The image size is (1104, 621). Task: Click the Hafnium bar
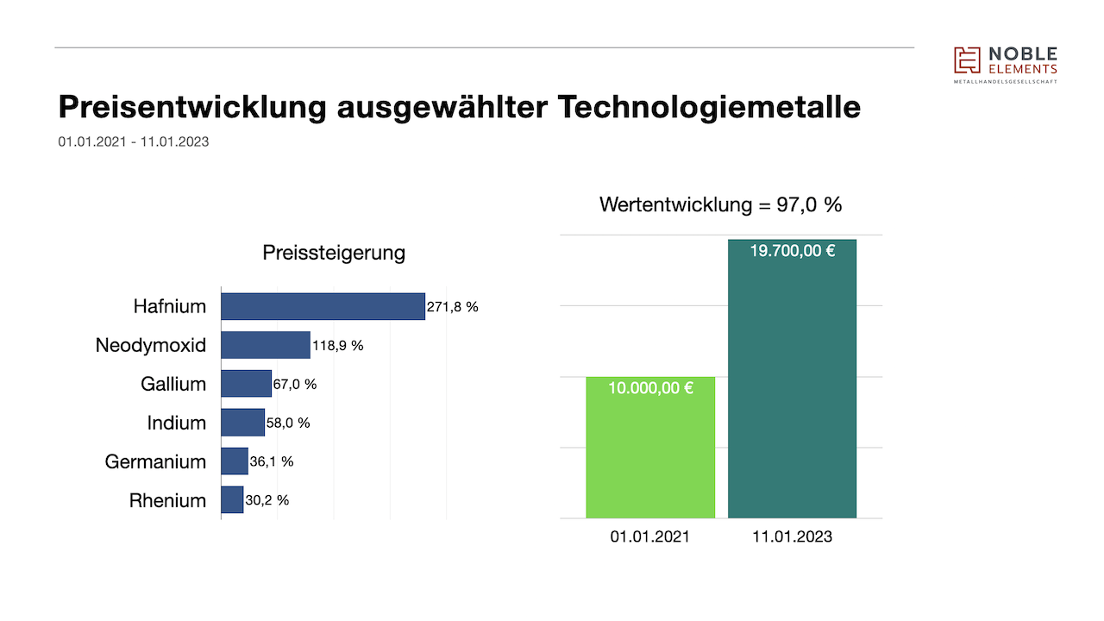(x=323, y=306)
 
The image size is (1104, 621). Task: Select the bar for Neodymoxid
(x=266, y=345)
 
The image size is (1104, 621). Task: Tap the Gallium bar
(x=246, y=384)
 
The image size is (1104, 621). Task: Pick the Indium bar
(x=242, y=423)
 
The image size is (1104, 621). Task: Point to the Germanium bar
(x=235, y=461)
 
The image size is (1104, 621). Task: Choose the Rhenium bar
(x=232, y=500)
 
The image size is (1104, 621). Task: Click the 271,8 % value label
(x=453, y=307)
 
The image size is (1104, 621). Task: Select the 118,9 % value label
(x=338, y=346)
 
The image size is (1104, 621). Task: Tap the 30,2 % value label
(x=267, y=500)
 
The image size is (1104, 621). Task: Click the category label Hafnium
(x=170, y=306)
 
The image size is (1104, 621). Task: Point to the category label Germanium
(x=155, y=461)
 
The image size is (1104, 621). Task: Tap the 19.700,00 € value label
(x=792, y=252)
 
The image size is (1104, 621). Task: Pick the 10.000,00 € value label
(x=650, y=388)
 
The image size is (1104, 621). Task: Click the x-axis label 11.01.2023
(x=792, y=536)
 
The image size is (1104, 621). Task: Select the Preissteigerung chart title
(x=334, y=254)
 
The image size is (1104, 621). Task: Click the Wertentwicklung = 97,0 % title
(x=720, y=205)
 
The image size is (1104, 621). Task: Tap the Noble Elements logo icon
(x=967, y=60)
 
